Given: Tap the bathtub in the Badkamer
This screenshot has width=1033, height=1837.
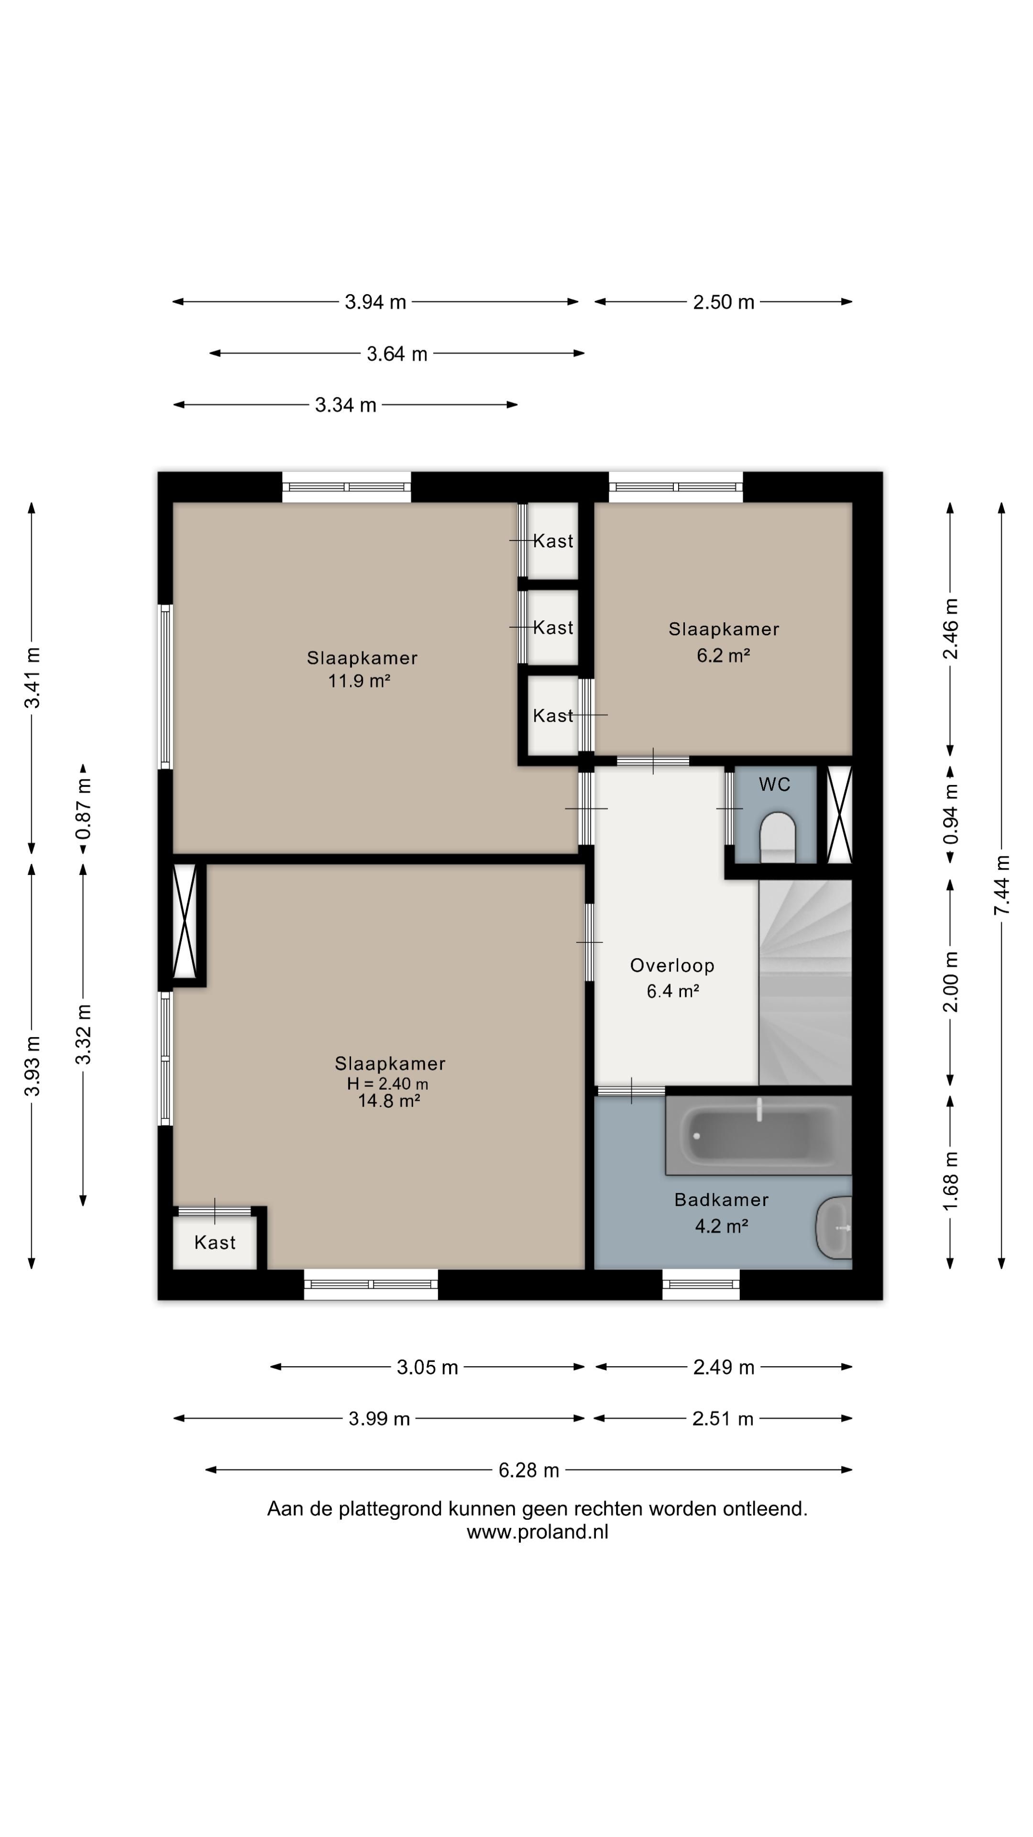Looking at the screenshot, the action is click(758, 1134).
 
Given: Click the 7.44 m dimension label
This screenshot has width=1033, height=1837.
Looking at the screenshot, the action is click(1001, 885).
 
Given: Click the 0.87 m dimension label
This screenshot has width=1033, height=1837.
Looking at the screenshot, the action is click(83, 808).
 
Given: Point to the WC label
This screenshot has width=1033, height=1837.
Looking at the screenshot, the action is click(775, 785).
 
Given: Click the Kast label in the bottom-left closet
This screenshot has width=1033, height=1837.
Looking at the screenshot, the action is click(215, 1242).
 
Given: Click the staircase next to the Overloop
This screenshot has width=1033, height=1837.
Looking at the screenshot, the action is click(805, 983).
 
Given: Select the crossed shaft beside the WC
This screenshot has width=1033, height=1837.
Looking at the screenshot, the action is click(839, 814).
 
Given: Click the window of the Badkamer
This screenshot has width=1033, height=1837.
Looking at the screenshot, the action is click(701, 1284).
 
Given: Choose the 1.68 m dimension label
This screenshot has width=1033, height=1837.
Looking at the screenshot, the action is click(950, 1181).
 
